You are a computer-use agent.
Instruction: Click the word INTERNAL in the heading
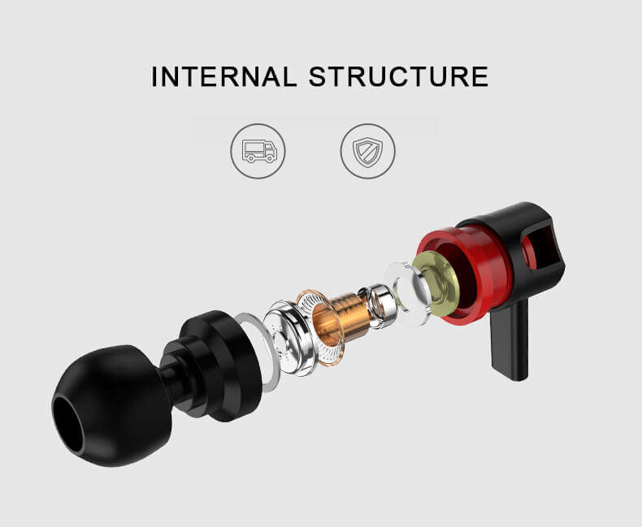[224, 76]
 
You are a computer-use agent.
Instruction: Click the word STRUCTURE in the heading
[399, 76]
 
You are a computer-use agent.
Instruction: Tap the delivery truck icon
[258, 151]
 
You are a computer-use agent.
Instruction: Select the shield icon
[367, 151]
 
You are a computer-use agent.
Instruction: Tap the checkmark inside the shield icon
[367, 152]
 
